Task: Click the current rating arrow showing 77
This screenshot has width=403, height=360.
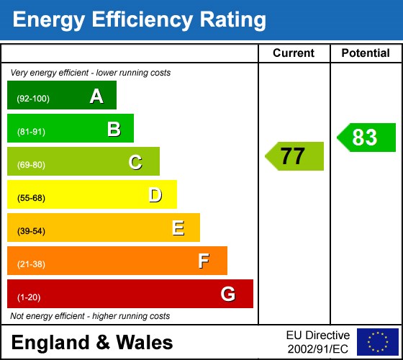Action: (x=294, y=156)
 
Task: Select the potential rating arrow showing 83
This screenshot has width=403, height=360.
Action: (x=366, y=138)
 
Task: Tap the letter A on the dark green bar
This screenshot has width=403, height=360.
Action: (x=96, y=96)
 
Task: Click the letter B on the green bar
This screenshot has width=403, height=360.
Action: (x=114, y=129)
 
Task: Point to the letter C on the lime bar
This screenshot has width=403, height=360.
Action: (x=135, y=162)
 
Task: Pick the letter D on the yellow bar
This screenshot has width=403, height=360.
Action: (x=155, y=195)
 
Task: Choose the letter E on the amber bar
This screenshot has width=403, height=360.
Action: (x=178, y=228)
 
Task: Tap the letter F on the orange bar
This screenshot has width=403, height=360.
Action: (x=204, y=261)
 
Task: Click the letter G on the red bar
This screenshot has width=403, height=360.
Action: (x=228, y=294)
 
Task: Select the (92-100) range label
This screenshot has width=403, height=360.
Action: (x=33, y=99)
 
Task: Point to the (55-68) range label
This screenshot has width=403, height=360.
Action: (x=31, y=198)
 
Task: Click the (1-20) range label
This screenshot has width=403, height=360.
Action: (x=29, y=297)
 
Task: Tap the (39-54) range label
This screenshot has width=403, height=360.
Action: (x=31, y=231)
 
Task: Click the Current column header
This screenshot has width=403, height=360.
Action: (x=294, y=53)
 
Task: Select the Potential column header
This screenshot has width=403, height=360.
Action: (x=366, y=53)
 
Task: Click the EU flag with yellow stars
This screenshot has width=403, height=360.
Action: (x=378, y=342)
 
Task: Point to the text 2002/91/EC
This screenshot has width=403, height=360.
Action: (x=317, y=349)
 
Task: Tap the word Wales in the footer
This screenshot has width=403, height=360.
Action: (x=145, y=342)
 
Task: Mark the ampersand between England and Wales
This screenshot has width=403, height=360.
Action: (x=103, y=342)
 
